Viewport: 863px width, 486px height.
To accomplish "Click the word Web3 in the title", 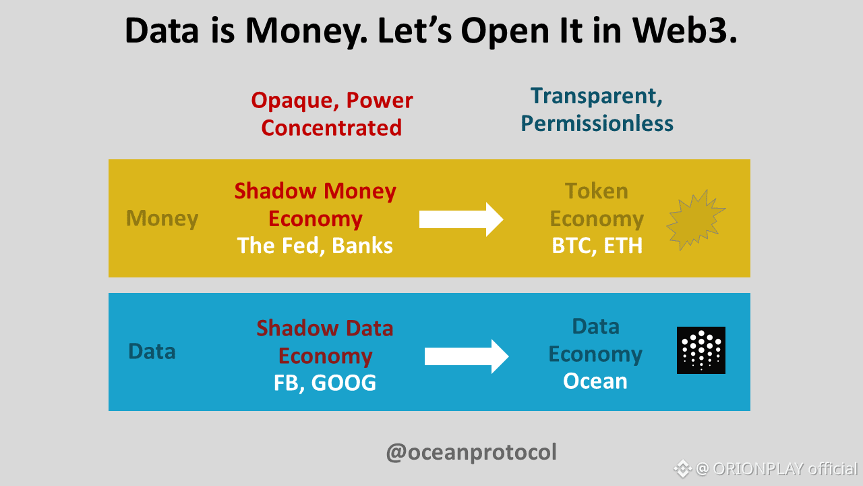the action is tap(684, 30).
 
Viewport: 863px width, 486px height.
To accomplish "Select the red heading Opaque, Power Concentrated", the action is tap(332, 114).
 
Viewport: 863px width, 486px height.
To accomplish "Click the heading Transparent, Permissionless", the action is tap(597, 109).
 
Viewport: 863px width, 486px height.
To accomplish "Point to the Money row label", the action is tap(162, 218).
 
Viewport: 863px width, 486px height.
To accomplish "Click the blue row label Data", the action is tap(152, 352).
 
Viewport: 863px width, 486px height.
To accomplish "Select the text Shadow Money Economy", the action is tap(315, 205).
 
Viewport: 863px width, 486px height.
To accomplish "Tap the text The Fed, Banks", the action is tap(315, 246).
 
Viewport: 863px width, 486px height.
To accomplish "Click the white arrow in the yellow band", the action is tap(461, 219).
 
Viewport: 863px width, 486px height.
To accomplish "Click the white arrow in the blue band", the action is tap(467, 356).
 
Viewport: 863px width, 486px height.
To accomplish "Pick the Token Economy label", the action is tap(597, 205).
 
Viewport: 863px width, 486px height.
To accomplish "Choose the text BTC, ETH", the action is tap(597, 246).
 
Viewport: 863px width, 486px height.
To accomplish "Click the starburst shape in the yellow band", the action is tap(696, 220).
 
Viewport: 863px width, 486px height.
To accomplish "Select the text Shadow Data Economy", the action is tap(325, 342).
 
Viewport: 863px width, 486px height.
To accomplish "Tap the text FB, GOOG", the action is tap(325, 383).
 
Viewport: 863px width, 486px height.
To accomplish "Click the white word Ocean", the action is tap(595, 381).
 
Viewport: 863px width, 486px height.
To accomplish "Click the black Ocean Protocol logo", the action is tap(701, 350).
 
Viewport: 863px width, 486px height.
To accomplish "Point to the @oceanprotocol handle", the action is tap(471, 452).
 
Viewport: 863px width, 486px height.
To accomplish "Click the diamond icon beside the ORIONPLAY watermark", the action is tap(682, 469).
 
